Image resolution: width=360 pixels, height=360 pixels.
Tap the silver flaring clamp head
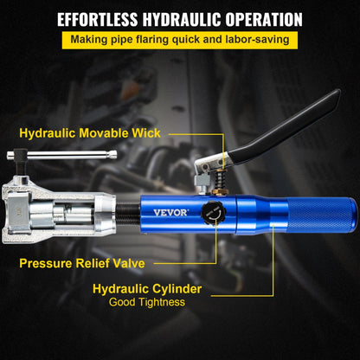click(53, 212)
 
